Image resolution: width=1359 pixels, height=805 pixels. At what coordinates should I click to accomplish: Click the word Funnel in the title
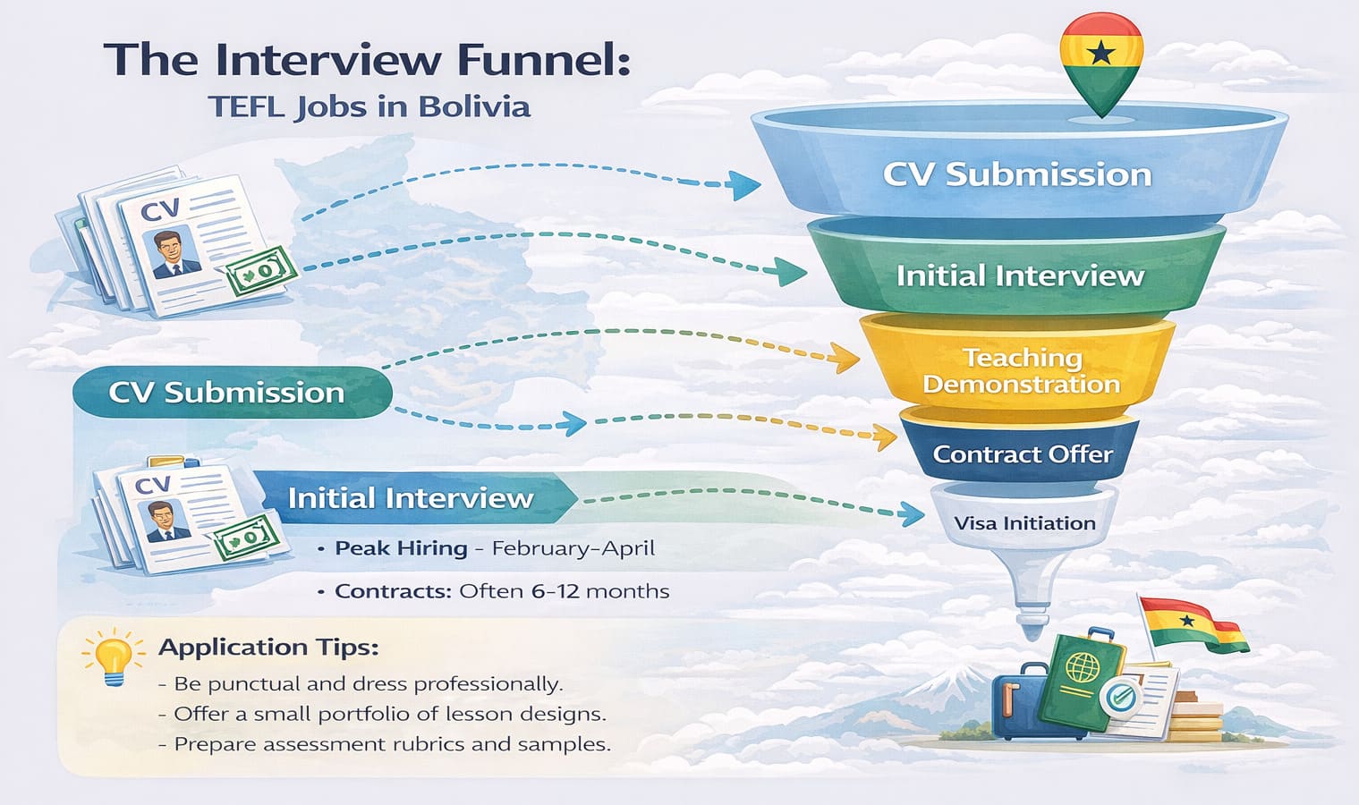tap(544, 60)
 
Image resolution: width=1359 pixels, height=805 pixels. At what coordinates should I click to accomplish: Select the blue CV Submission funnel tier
tap(1017, 174)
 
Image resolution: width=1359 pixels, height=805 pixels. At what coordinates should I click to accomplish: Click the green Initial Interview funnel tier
tap(1020, 275)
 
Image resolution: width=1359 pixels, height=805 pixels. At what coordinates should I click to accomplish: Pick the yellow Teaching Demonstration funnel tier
tap(1021, 370)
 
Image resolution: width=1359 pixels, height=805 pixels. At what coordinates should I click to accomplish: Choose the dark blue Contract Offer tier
tap(1023, 454)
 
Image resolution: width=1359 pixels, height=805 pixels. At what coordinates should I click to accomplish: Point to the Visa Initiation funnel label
tap(1024, 523)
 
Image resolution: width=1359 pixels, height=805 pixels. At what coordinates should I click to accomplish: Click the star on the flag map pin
tap(1101, 54)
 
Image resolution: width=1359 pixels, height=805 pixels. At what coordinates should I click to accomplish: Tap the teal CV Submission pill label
tap(227, 393)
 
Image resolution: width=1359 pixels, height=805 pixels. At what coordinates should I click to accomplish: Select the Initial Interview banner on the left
tap(411, 498)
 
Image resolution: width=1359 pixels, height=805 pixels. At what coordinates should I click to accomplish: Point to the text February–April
tap(573, 548)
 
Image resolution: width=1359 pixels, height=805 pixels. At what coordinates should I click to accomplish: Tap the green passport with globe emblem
tap(1083, 673)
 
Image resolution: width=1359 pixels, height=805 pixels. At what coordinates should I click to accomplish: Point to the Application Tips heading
tap(268, 647)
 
